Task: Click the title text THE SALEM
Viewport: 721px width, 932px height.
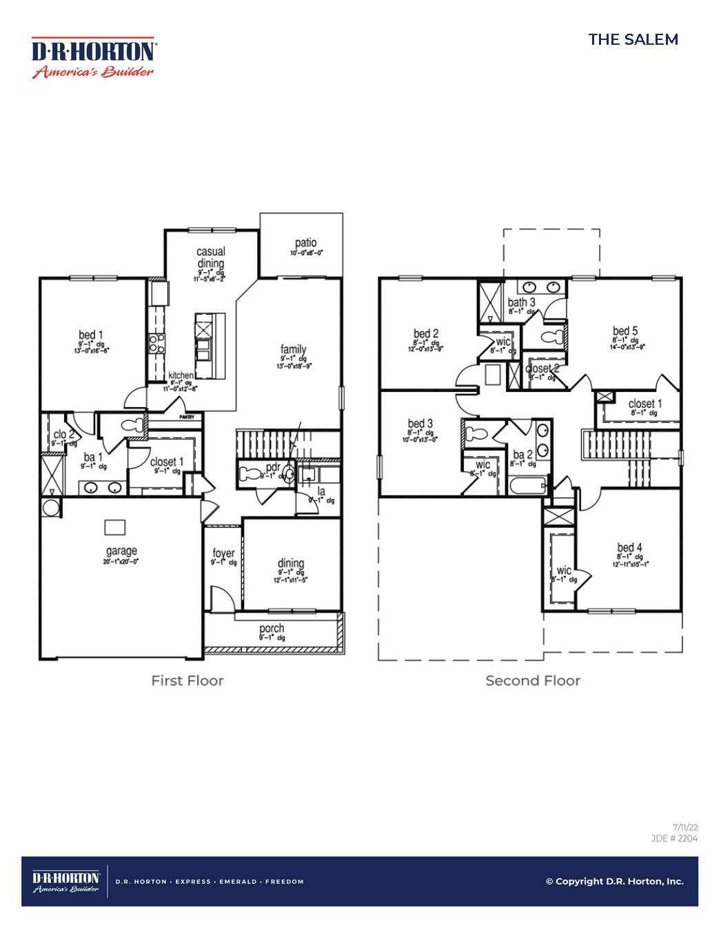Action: point(633,39)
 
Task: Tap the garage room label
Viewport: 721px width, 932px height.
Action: point(121,551)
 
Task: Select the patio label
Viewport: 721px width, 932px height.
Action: point(305,243)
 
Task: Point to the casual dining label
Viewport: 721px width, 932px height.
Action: point(211,258)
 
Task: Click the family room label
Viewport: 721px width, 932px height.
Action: point(293,350)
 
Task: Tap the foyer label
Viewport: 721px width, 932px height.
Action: point(223,553)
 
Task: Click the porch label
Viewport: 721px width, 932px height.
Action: point(272,628)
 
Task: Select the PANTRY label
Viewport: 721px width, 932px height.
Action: point(187,417)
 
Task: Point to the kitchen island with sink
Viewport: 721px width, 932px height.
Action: point(210,345)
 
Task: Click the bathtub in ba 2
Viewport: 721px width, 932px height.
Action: point(528,486)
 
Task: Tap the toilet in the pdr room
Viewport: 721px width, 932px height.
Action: point(248,474)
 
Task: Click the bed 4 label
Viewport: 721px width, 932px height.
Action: point(629,548)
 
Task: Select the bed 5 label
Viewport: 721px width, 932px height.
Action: point(625,331)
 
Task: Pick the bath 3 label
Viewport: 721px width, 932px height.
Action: point(521,302)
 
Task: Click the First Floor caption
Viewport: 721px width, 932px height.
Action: point(187,681)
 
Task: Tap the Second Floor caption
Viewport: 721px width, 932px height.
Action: point(533,681)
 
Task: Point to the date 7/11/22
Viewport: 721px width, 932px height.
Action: point(685,827)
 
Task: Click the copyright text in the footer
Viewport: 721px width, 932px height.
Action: point(614,881)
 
